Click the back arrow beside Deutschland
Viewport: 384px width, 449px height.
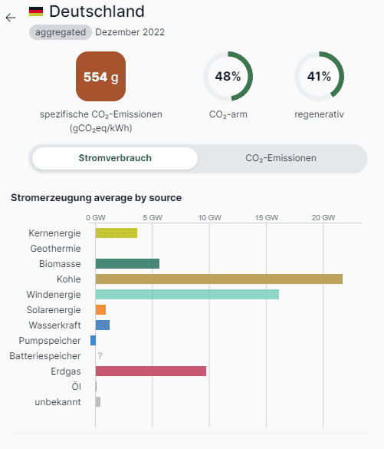click(11, 18)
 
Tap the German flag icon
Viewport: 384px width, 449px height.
click(36, 12)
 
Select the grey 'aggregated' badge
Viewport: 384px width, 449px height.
click(61, 32)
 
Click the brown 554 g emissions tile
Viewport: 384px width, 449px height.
click(100, 76)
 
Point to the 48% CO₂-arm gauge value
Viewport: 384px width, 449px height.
click(228, 77)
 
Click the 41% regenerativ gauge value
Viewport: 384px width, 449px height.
click(319, 77)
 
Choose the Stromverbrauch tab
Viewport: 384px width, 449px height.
click(115, 158)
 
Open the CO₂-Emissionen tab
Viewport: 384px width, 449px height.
click(281, 158)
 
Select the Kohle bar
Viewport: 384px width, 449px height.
click(219, 279)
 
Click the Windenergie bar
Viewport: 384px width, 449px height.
click(187, 295)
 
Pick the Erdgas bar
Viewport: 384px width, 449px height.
click(151, 371)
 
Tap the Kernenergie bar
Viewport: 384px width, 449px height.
click(117, 233)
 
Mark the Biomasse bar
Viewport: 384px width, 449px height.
click(127, 264)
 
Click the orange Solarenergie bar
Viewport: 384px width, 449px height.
click(100, 310)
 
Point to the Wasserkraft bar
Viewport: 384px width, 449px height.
click(103, 325)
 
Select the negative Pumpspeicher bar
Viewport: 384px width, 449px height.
click(93, 341)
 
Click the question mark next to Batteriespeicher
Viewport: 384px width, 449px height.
click(100, 356)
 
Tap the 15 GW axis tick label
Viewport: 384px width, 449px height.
click(267, 218)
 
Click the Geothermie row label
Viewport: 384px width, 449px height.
click(55, 249)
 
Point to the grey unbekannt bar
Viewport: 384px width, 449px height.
click(98, 401)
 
